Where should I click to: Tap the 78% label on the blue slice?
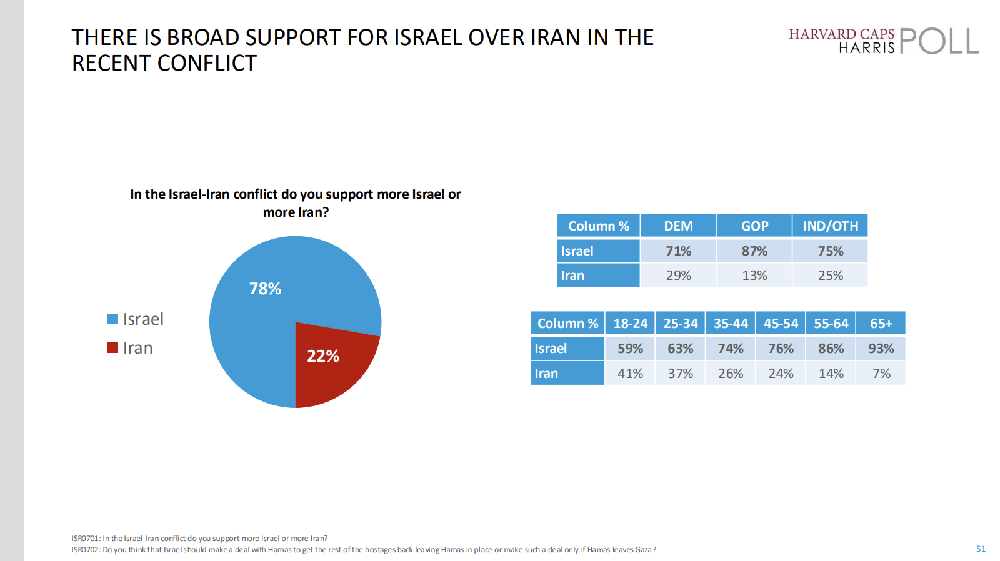tap(265, 289)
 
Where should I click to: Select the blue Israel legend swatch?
tap(112, 319)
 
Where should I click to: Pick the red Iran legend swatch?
tap(112, 348)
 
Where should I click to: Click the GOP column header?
tap(754, 226)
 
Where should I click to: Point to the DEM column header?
tap(678, 226)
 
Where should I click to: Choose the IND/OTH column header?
tap(831, 226)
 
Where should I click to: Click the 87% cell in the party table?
tap(754, 251)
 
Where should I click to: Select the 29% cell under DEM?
tap(678, 276)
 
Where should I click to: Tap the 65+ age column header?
tap(881, 324)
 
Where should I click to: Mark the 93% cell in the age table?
tap(881, 349)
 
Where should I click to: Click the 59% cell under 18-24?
tap(630, 349)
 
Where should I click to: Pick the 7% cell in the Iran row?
tap(881, 374)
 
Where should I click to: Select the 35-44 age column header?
tap(731, 324)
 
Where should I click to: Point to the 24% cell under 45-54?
tap(781, 374)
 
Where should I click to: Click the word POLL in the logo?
tap(939, 41)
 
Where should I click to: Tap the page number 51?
tap(981, 549)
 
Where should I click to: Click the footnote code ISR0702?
tap(85, 550)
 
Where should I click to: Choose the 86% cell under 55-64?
tap(831, 349)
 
